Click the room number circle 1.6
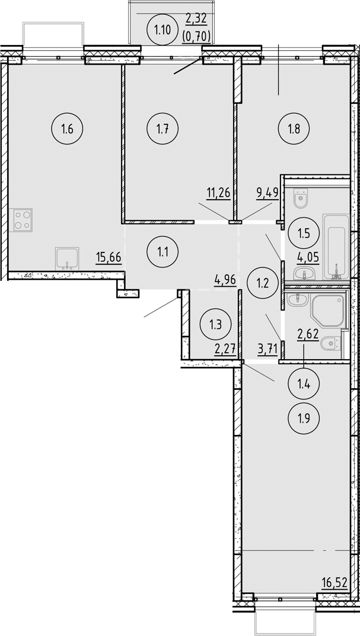(66, 129)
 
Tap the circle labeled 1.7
(161, 129)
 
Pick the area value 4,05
(305, 258)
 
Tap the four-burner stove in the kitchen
(23, 219)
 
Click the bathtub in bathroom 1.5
(335, 247)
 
